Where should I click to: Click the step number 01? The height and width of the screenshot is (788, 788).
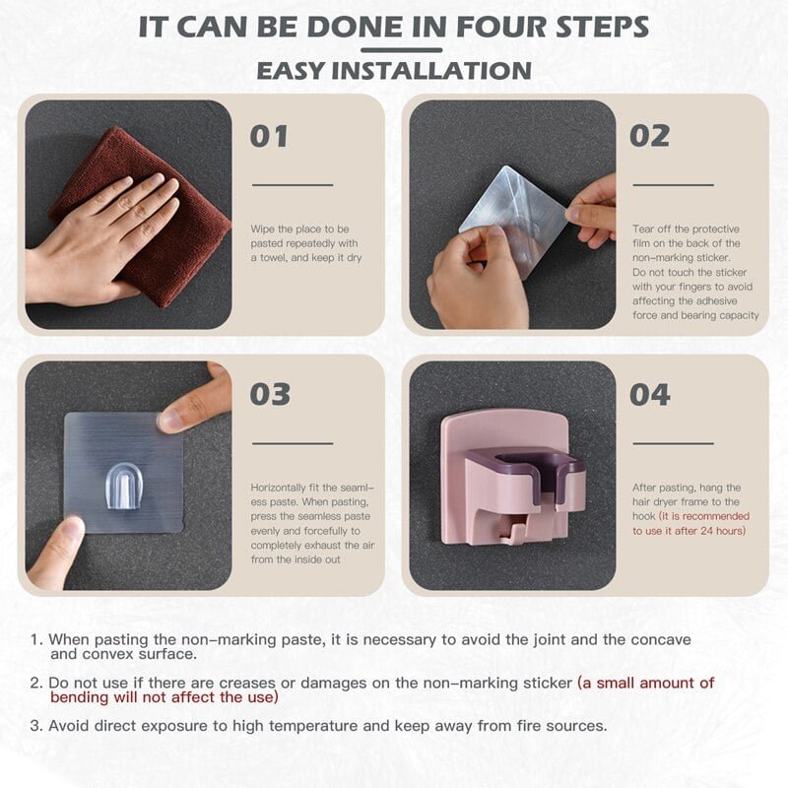click(269, 136)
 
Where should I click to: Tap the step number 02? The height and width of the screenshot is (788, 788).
click(649, 136)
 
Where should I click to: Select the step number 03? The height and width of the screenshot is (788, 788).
click(270, 394)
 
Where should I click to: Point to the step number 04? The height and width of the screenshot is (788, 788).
click(650, 395)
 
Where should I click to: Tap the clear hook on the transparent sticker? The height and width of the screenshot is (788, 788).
click(124, 486)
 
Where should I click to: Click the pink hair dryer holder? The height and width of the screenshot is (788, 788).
click(512, 478)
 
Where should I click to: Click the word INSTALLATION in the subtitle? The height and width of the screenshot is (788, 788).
click(430, 70)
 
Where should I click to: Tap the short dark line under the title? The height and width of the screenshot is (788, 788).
click(401, 50)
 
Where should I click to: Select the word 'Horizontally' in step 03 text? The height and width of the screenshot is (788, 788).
click(279, 488)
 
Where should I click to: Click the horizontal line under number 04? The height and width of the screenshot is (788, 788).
click(673, 444)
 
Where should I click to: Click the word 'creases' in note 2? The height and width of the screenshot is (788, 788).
click(247, 683)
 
